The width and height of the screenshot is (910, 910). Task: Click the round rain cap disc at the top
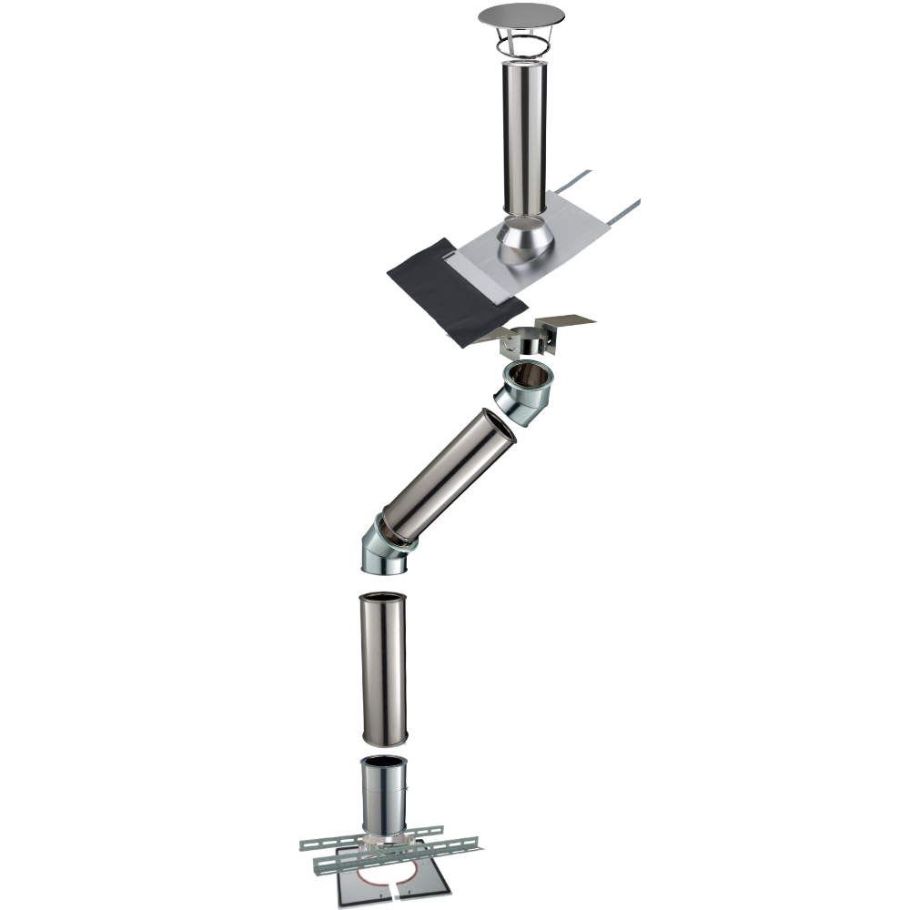tap(521, 15)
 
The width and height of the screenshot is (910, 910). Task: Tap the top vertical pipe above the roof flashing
tap(522, 136)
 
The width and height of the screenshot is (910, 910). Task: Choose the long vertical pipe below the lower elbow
tap(385, 669)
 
